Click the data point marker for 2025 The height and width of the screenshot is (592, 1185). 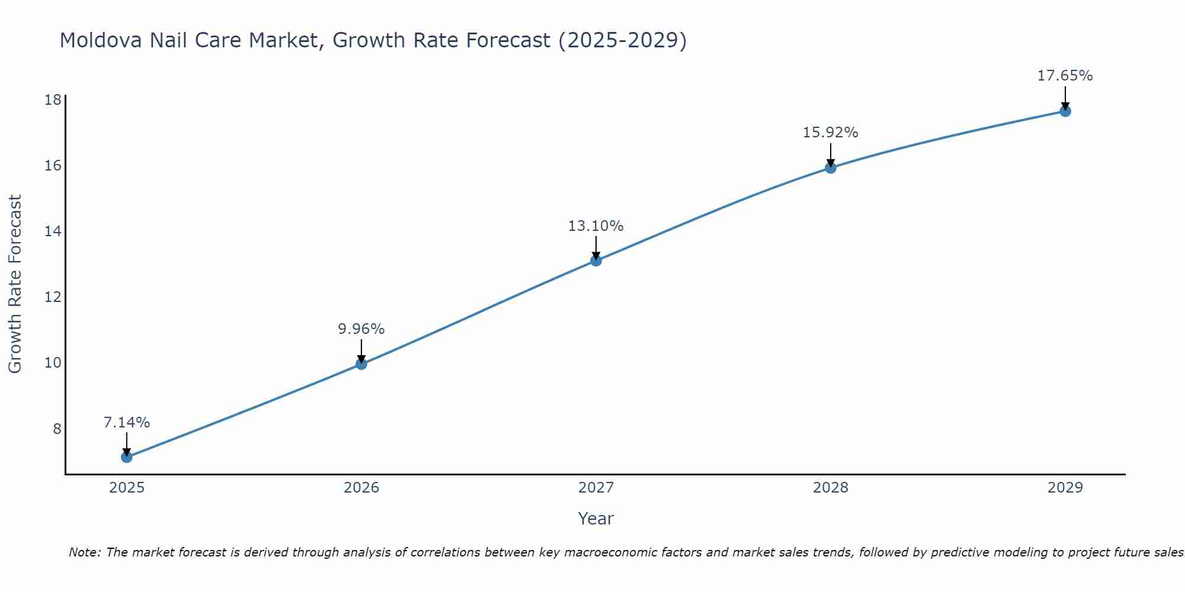126,457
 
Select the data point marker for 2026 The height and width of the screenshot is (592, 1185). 361,364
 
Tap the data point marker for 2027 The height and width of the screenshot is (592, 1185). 596,260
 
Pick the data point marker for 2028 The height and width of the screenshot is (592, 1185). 831,168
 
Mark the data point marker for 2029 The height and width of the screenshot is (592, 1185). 1065,111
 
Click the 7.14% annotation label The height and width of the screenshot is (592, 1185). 127,423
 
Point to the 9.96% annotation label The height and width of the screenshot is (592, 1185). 361,329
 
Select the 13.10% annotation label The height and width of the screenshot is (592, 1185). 596,226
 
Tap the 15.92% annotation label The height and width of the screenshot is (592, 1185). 831,133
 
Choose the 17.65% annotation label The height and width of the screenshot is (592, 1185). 1065,76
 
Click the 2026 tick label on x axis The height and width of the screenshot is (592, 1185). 361,488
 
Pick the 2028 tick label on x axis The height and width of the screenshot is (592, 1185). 831,488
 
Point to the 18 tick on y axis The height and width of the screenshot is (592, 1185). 53,99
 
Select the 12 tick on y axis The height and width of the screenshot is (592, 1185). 53,297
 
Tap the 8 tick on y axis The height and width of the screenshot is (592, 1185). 57,429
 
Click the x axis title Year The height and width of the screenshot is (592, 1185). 596,519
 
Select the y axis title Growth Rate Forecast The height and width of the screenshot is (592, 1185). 15,284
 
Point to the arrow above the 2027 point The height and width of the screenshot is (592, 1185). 596,247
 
